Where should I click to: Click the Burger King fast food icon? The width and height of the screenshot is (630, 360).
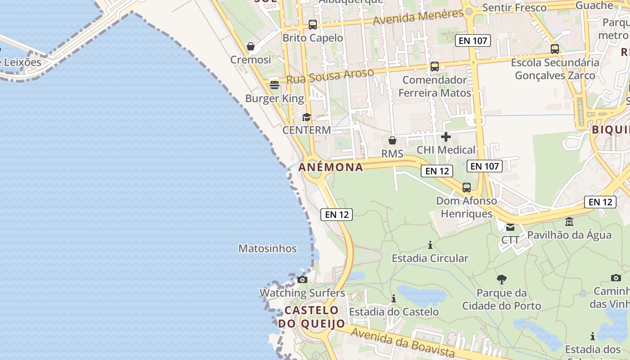click(x=274, y=85)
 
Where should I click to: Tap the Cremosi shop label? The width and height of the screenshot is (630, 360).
click(x=251, y=60)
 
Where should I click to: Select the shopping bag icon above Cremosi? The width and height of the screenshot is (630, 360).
click(x=251, y=46)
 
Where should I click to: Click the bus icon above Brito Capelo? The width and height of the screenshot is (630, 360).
click(x=312, y=25)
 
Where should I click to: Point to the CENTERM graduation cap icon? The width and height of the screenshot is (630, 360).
click(x=306, y=117)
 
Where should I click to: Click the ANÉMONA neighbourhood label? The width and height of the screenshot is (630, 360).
click(x=331, y=167)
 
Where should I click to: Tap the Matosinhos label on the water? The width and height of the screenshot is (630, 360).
click(x=267, y=248)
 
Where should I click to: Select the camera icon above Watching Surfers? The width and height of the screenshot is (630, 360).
click(x=302, y=279)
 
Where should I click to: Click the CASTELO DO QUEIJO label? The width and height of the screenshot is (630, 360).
click(x=311, y=317)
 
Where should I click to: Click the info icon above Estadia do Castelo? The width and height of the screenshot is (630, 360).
click(x=394, y=298)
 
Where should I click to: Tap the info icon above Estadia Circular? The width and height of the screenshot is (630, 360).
click(x=430, y=245)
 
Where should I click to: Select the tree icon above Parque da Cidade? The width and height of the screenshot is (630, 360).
click(x=502, y=279)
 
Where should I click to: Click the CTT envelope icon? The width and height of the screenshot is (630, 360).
click(x=510, y=227)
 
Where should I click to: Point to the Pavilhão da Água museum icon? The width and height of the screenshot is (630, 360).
click(x=569, y=222)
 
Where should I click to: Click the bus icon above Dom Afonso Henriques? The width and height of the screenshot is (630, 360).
click(x=467, y=188)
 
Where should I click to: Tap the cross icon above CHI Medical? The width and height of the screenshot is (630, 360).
click(x=446, y=137)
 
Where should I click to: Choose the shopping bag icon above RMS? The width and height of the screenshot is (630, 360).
click(x=392, y=140)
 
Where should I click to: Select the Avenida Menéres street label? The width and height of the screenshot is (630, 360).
click(x=418, y=18)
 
